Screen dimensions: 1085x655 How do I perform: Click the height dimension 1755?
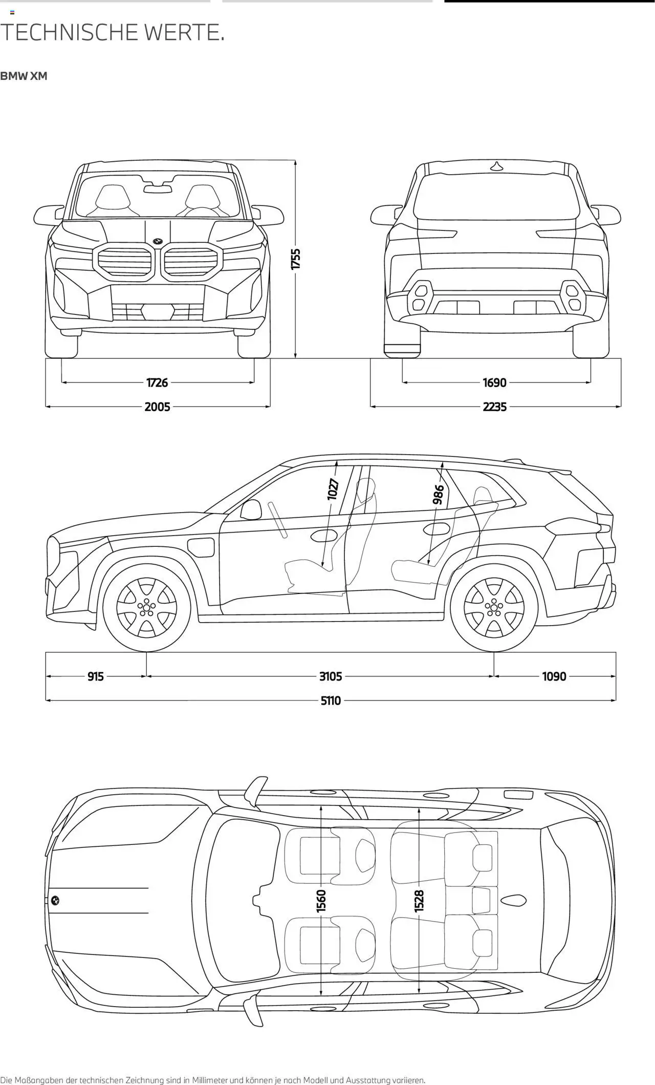296,259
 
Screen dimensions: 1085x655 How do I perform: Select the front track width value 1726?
157,382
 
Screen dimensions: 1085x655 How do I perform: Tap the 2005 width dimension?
157,407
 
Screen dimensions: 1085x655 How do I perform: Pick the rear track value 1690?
494,382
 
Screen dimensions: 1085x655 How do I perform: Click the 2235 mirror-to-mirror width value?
494,407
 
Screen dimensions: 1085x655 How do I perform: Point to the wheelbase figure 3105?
331,676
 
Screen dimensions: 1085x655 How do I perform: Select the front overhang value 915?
96,676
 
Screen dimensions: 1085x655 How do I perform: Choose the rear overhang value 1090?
554,676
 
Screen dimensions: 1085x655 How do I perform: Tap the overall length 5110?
331,700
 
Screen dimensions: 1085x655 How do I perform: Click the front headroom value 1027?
333,489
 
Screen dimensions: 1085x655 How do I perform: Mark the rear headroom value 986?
439,495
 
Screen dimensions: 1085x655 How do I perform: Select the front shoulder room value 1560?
321,901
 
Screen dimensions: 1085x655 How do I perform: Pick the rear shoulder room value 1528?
419,901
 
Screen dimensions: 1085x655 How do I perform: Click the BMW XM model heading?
24,76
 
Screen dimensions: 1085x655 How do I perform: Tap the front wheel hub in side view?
146,607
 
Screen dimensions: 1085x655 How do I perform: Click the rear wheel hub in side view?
494,607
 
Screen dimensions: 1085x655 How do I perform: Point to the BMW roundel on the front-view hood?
157,241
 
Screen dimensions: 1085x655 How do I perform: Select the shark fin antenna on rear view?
496,166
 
